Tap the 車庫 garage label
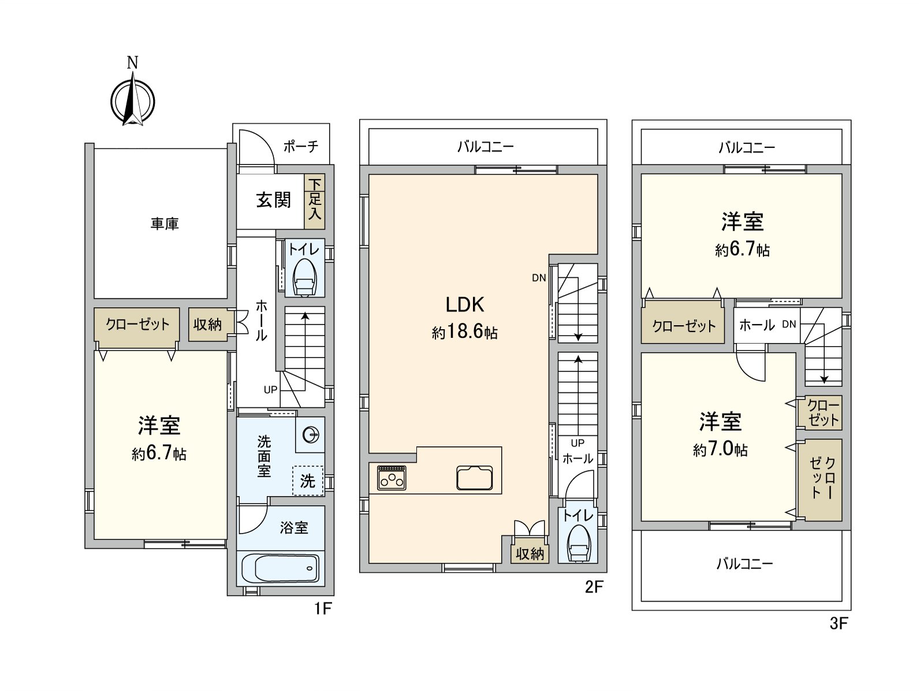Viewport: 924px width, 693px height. click(x=165, y=224)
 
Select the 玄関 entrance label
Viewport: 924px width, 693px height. click(x=273, y=200)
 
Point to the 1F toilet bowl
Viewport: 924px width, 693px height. click(x=304, y=278)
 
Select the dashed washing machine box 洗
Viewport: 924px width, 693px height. click(x=308, y=480)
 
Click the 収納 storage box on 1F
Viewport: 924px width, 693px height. click(x=207, y=325)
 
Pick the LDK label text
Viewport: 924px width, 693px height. click(x=464, y=304)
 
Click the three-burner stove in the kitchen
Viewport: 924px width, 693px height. click(x=391, y=478)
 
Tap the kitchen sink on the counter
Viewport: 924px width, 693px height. click(x=475, y=478)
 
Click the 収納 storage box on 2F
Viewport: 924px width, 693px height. click(x=530, y=554)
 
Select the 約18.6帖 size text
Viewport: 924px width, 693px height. click(x=464, y=333)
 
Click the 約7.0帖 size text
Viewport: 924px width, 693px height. click(x=720, y=450)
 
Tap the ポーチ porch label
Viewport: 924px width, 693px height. click(x=301, y=146)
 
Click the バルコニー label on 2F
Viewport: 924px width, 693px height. click(x=485, y=147)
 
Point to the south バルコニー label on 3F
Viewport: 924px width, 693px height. click(x=744, y=563)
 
